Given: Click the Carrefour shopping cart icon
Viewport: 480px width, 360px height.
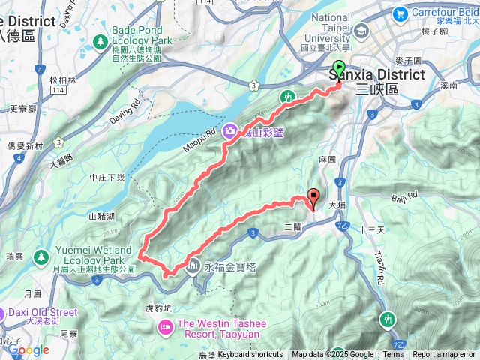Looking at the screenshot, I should [399, 13].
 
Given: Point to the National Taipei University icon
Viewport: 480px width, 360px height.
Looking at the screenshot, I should [362, 31].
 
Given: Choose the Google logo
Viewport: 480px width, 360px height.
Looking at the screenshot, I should [28, 349].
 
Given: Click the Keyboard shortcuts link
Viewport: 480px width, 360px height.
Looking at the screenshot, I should [250, 355].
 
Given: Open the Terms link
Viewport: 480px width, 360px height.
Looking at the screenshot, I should [393, 355].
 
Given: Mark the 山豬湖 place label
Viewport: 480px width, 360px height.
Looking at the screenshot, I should [103, 216].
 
